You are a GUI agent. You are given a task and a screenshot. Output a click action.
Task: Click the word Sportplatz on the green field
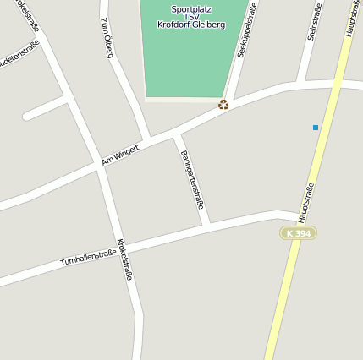191,8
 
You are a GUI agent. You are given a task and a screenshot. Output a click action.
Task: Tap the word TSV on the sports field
191,17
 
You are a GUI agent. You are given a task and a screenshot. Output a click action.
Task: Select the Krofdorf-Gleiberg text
191,25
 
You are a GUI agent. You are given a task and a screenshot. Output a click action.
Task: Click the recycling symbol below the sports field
223,105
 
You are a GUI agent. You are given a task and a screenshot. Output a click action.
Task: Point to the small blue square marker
316,128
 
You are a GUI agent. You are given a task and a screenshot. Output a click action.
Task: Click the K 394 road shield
299,232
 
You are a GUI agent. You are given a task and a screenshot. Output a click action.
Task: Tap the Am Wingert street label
119,154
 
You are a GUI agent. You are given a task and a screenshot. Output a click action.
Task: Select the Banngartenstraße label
193,178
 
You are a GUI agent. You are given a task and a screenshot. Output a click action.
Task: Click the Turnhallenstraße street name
88,258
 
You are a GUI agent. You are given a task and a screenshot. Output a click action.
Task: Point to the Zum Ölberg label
107,38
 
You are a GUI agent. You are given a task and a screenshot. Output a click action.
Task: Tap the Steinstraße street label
312,20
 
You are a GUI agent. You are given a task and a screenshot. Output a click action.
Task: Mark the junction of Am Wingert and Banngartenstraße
176,134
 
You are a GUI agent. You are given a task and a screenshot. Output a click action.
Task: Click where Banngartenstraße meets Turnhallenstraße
206,225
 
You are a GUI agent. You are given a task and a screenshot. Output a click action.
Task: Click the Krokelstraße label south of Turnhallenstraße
125,259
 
